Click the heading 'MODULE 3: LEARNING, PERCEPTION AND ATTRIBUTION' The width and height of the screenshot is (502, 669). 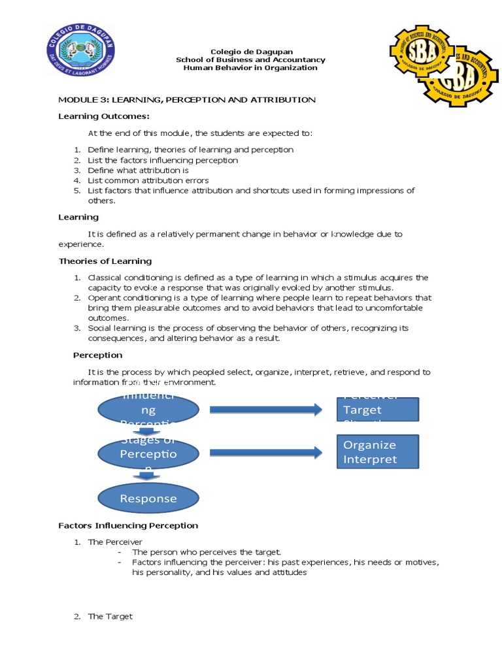(x=187, y=100)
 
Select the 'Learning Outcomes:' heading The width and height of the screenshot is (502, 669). (x=104, y=116)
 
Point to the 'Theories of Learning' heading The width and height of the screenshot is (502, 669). (x=105, y=261)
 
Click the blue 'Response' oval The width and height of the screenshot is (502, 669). (x=148, y=498)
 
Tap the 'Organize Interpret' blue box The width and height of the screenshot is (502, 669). (x=377, y=451)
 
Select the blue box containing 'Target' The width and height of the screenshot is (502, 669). (x=377, y=410)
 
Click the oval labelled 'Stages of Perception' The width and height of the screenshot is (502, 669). (x=148, y=453)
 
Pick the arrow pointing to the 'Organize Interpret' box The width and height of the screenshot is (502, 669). (x=265, y=452)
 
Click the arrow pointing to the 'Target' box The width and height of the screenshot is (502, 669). (x=265, y=410)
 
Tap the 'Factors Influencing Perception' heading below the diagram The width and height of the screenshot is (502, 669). (x=128, y=525)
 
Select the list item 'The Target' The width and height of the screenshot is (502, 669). (x=110, y=616)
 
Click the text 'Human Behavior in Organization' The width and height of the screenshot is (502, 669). (x=250, y=68)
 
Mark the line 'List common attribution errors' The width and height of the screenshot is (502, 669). (x=148, y=180)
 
